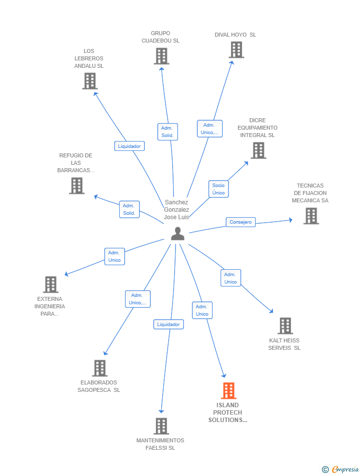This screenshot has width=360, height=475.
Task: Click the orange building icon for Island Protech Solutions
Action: pos(228,390)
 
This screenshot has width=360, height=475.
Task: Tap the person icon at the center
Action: pos(178,234)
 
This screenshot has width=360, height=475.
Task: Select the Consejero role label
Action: pos(241,222)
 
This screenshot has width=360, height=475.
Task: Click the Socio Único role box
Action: pos(219,189)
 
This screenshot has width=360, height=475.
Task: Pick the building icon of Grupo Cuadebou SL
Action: pos(161,56)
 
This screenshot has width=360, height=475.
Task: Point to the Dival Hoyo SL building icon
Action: pos(236,49)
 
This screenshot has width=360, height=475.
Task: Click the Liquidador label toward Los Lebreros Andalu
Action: pos(130,146)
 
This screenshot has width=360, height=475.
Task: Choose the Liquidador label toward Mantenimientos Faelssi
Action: pos(168,325)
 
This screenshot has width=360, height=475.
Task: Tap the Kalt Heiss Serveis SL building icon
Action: pos(285,326)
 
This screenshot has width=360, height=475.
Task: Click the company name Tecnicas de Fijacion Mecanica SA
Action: pos(310,193)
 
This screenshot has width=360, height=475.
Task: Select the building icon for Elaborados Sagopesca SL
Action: pos(99,368)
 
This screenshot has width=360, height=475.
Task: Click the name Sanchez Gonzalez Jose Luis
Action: pos(177,210)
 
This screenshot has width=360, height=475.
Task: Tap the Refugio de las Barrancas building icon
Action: pos(77,186)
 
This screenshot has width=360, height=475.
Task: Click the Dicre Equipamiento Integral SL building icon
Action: pos(258,150)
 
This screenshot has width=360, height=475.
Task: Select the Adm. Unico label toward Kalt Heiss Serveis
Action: pos(230,278)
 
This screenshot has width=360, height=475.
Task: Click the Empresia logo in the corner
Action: pos(341,469)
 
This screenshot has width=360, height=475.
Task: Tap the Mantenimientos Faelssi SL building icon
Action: pos(161,426)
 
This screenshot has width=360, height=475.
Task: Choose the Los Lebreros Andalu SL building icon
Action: pos(90,81)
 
